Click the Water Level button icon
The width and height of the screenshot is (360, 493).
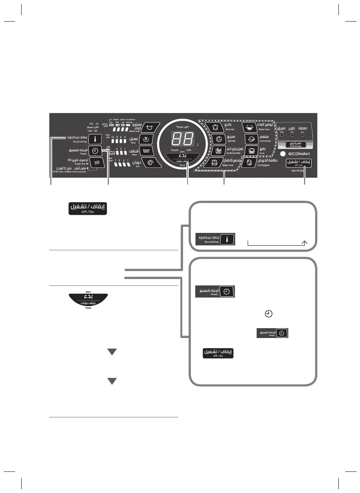point(150,127)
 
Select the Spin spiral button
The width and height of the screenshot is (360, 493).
point(150,163)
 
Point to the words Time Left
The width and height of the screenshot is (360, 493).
point(183,127)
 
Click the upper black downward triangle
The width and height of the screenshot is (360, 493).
point(111,352)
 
